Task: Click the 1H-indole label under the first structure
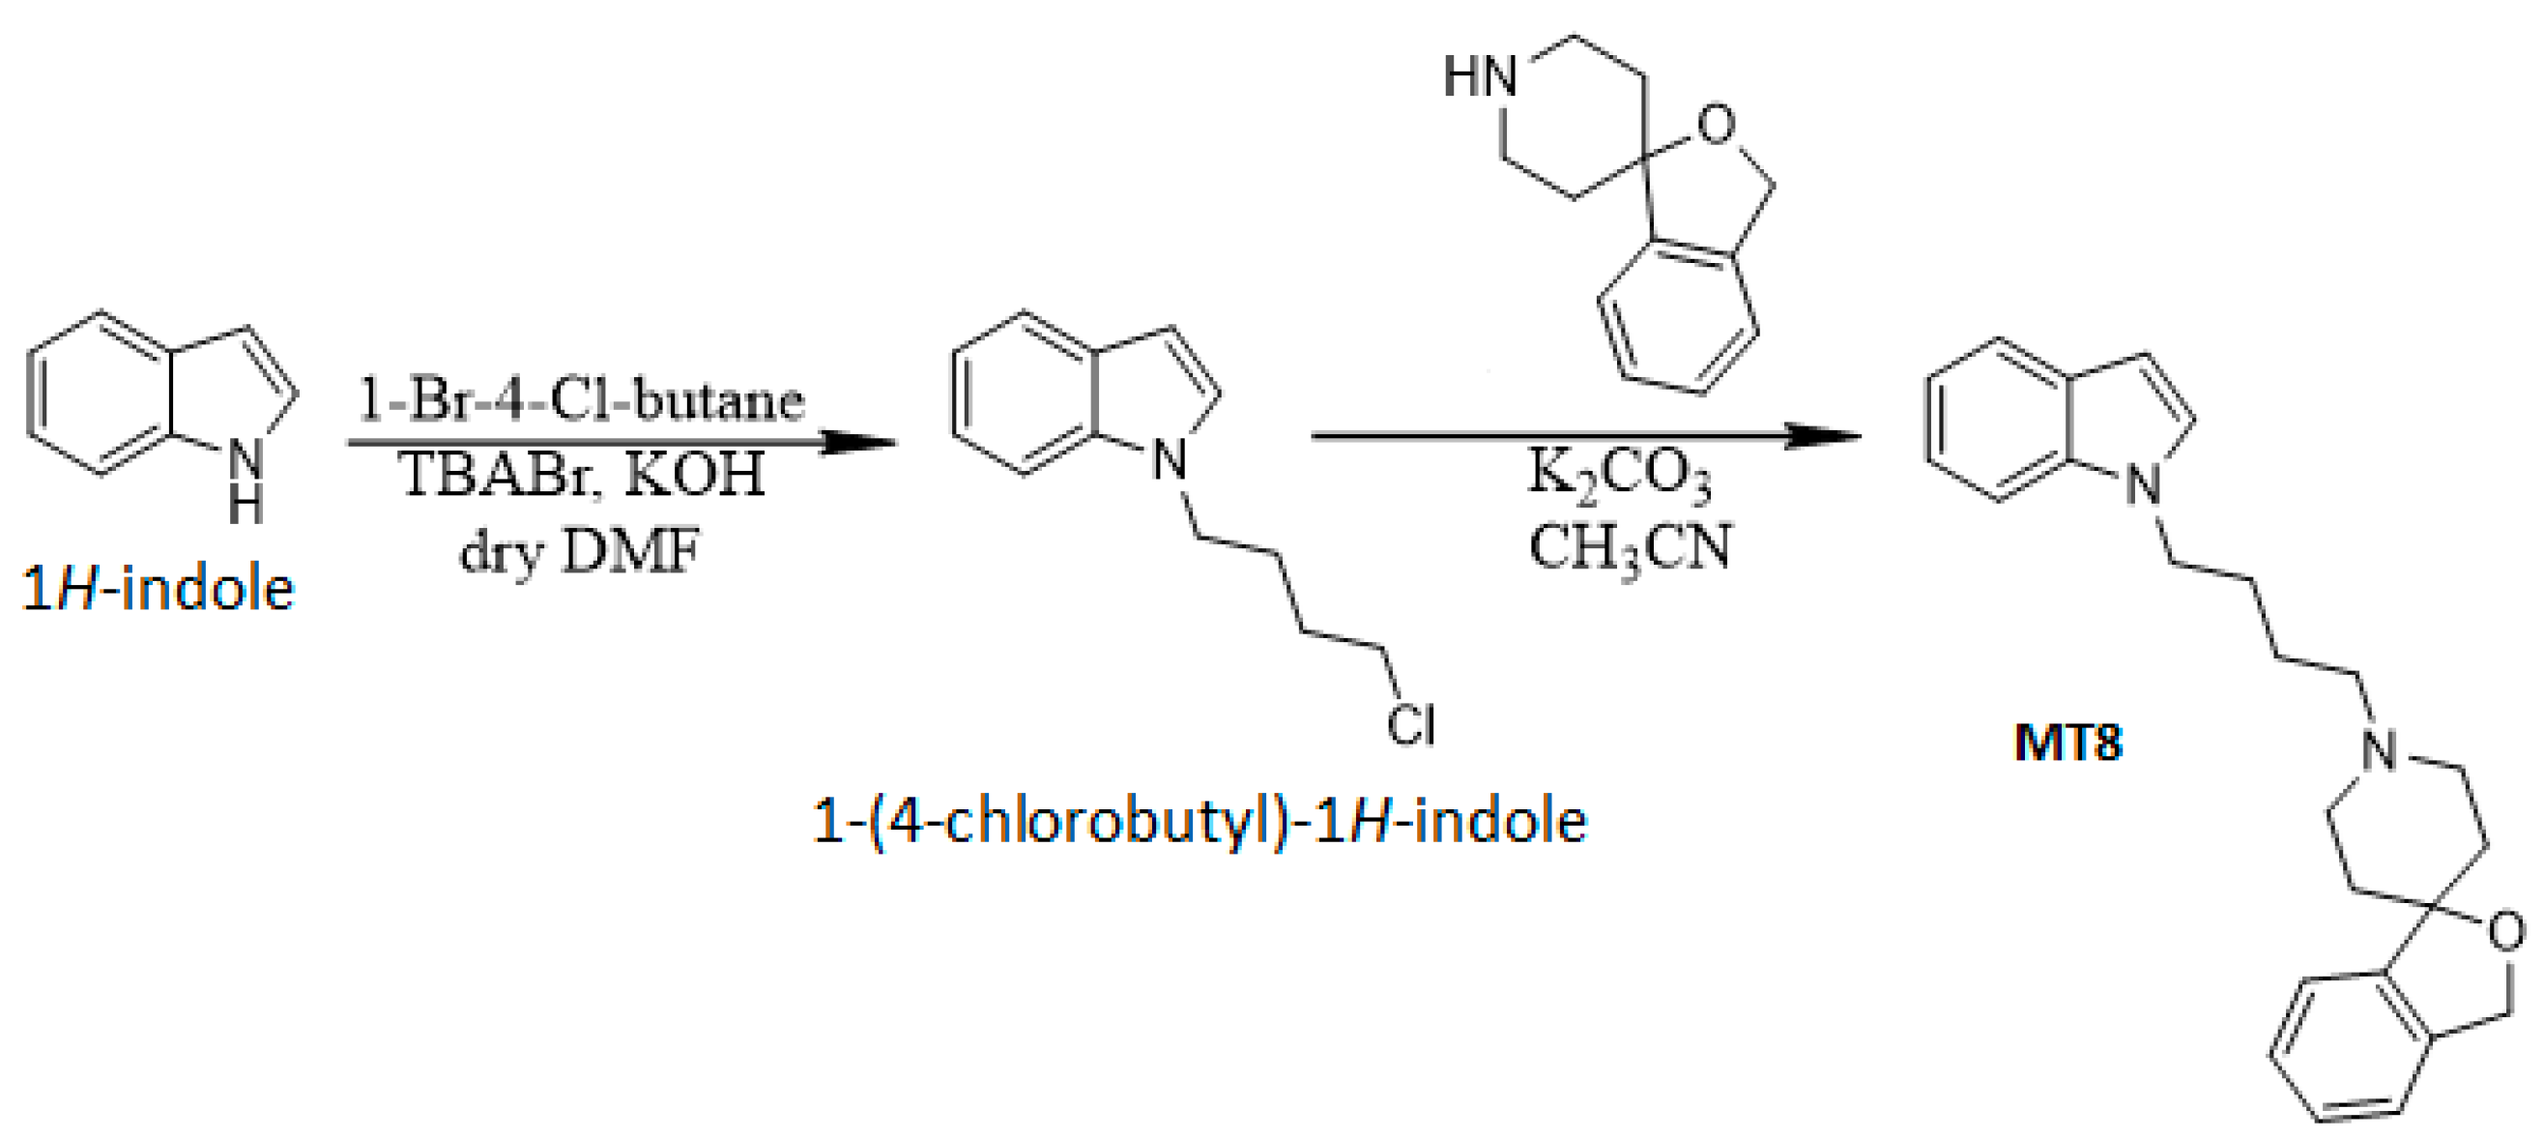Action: click(158, 590)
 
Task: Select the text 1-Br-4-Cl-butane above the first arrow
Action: click(581, 400)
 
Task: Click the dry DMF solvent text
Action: click(581, 550)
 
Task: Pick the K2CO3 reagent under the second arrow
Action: click(1620, 475)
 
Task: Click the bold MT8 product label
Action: click(2067, 742)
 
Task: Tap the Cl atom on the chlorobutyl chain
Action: click(1410, 726)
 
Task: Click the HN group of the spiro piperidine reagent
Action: click(1480, 76)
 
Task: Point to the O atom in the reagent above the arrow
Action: click(1716, 126)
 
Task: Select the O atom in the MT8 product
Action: click(2504, 931)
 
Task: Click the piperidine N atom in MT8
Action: click(2379, 750)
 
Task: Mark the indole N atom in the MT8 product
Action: click(2144, 485)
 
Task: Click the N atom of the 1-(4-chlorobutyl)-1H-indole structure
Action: click(1171, 460)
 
